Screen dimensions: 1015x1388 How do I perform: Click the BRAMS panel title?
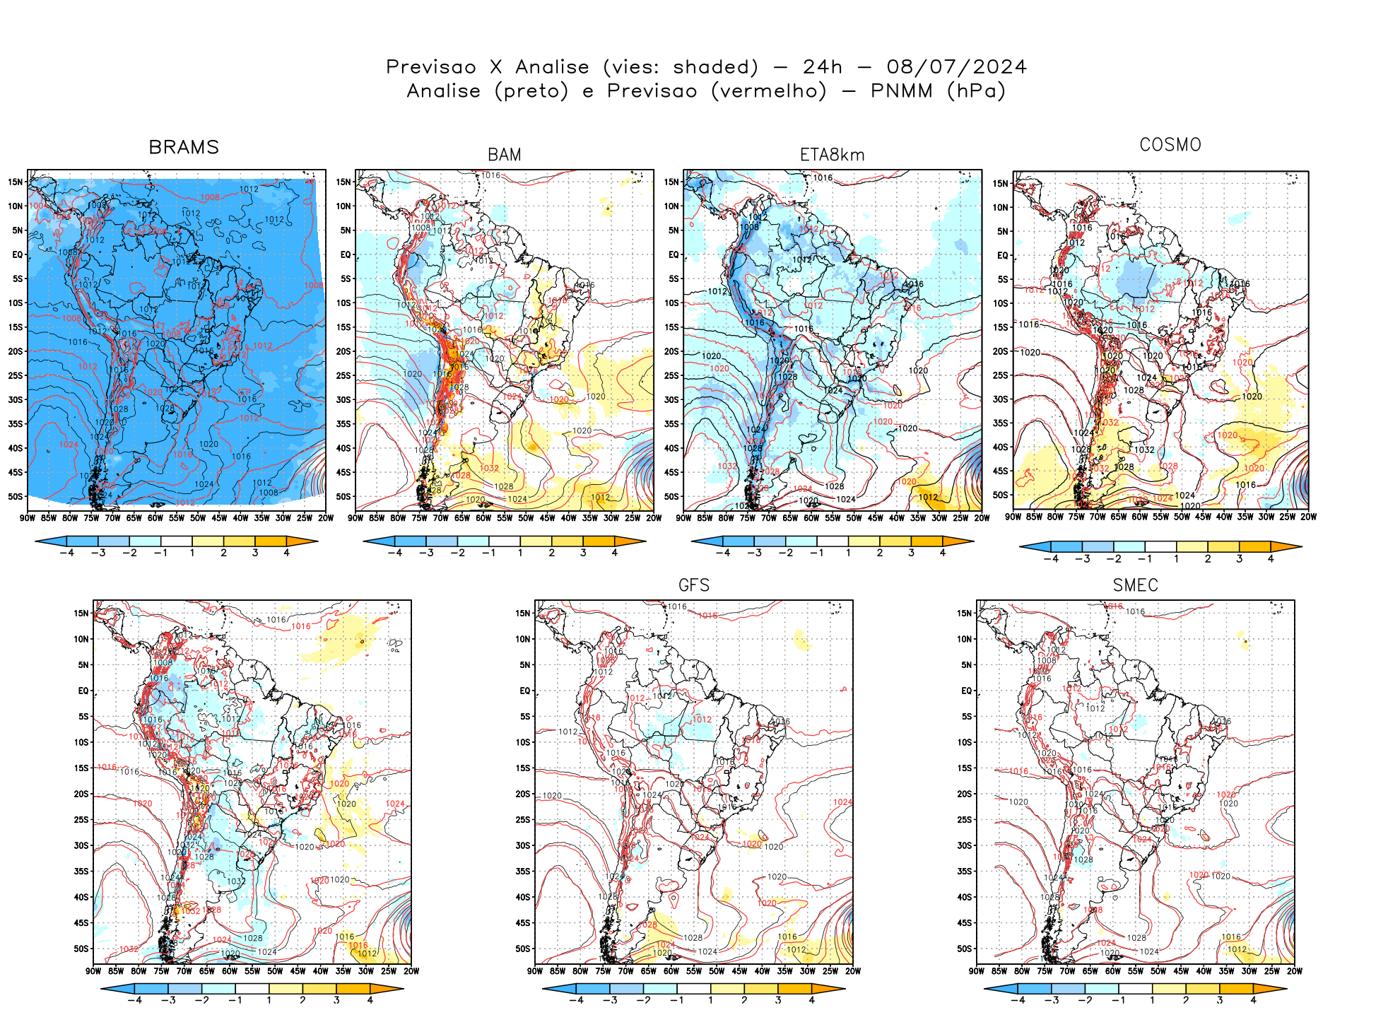click(184, 147)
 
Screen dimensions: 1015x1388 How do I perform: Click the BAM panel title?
click(504, 155)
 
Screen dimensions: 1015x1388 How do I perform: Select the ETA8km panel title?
click(832, 155)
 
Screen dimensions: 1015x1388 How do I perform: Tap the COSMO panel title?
click(1170, 145)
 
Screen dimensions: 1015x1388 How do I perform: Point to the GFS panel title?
click(693, 585)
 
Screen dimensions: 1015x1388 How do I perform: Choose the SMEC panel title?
click(1135, 585)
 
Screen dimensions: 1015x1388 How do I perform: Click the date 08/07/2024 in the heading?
click(956, 67)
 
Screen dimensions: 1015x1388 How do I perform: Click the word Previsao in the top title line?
click(431, 67)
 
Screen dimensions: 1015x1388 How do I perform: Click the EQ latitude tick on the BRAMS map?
click(18, 254)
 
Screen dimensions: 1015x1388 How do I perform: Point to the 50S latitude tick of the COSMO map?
click(1000, 495)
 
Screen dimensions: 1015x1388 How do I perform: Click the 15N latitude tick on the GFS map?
click(522, 613)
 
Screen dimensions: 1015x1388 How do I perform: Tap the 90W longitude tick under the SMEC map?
click(977, 971)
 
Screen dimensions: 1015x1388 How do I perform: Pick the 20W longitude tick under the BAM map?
click(654, 518)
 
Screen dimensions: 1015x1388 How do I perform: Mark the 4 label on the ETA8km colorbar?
click(942, 553)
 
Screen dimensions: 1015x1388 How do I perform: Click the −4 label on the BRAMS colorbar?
click(67, 553)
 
